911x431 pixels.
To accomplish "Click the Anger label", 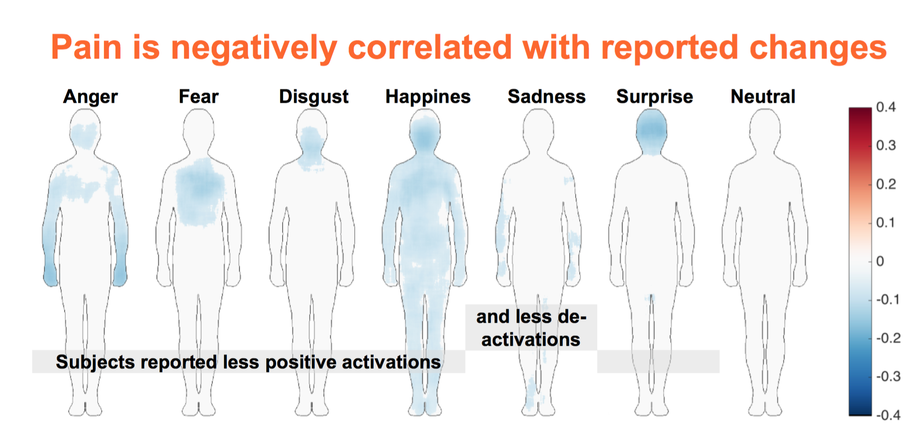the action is [x=91, y=97].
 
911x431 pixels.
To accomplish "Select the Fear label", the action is [x=199, y=97].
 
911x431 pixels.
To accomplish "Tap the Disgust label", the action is [x=314, y=97].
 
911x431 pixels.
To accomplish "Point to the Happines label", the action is [x=428, y=97].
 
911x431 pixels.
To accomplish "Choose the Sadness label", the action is [x=547, y=97].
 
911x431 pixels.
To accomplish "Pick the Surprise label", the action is [x=655, y=97].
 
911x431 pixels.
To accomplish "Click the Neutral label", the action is [x=763, y=97].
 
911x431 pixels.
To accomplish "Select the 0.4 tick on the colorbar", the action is [x=886, y=107].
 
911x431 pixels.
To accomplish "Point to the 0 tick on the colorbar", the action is [x=880, y=261].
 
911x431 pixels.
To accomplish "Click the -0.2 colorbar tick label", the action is [x=888, y=338].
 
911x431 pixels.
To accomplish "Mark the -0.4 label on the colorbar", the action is [x=888, y=415].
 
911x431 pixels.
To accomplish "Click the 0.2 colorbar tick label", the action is [x=886, y=184].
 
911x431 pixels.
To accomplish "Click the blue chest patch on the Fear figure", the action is [x=200, y=192].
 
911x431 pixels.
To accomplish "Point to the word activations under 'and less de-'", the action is [x=531, y=340].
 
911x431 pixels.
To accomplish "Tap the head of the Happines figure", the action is [x=425, y=132].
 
